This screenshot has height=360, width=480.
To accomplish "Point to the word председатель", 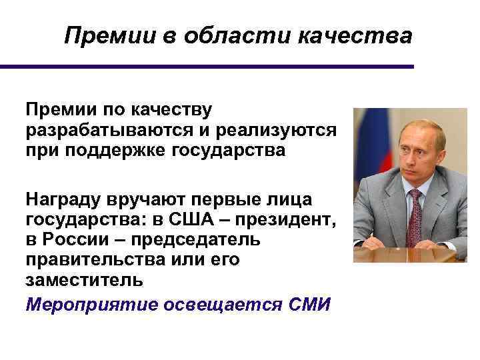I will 193,239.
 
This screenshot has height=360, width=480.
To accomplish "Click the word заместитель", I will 83,279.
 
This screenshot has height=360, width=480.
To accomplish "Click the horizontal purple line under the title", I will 207,67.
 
